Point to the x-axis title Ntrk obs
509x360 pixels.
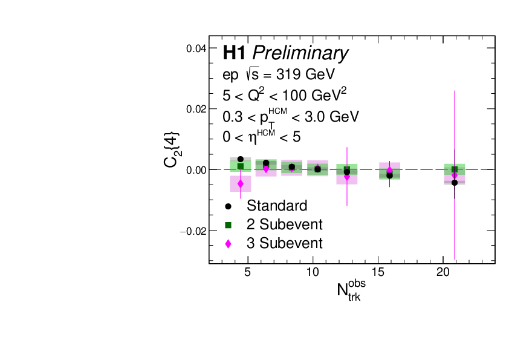[351, 290]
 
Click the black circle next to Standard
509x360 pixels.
[228, 206]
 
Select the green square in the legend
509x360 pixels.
[228, 225]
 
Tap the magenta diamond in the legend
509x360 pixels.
[228, 244]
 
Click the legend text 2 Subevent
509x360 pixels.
[284, 224]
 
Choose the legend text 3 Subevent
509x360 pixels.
[284, 243]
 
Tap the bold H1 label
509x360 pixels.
[234, 53]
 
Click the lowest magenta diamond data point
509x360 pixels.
[241, 183]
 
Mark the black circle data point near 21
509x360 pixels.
[454, 183]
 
